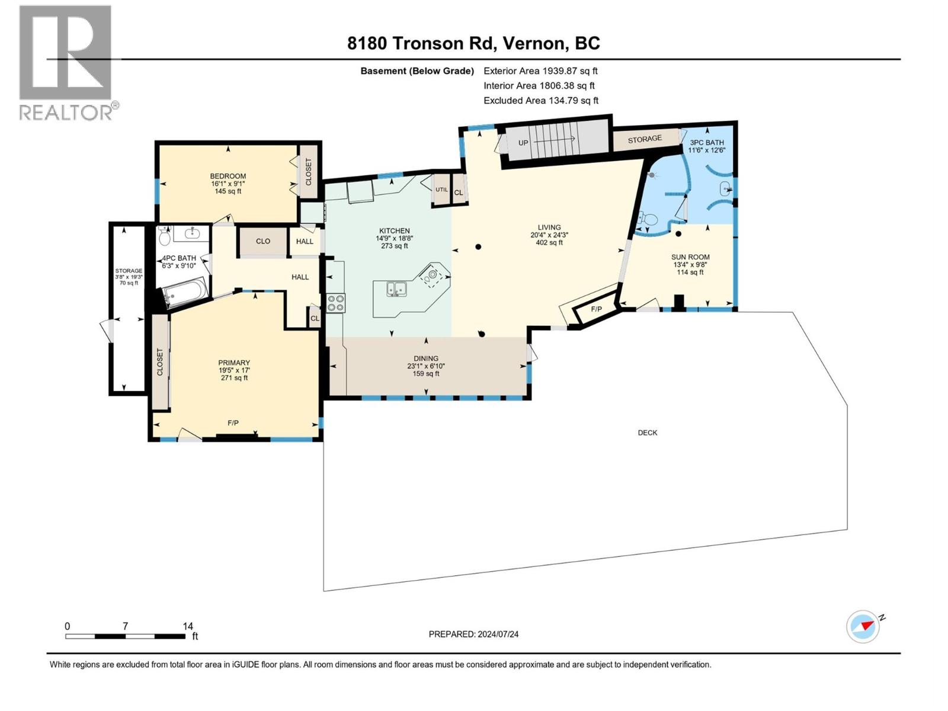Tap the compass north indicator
tap(863, 626)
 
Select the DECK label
tap(647, 433)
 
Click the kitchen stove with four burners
tap(335, 303)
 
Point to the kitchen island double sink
tap(396, 289)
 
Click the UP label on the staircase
tap(523, 143)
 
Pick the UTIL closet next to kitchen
tap(441, 190)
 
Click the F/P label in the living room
tap(596, 309)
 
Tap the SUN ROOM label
tap(690, 257)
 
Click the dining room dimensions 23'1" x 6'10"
tap(426, 366)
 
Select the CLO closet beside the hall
tap(263, 241)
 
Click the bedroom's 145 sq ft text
tap(228, 191)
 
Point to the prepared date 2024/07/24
tap(473, 634)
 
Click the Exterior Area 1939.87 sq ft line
tap(540, 71)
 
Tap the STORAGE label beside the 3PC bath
tap(645, 139)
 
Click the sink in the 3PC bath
tap(726, 190)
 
